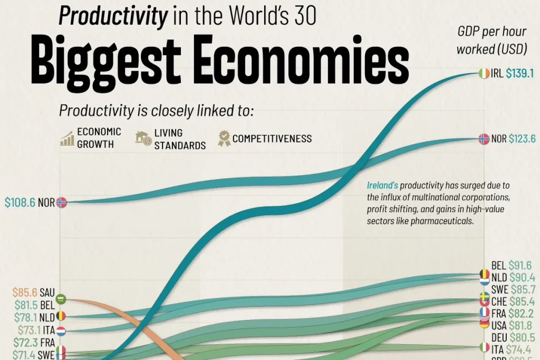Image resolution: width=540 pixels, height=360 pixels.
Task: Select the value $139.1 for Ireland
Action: [520, 74]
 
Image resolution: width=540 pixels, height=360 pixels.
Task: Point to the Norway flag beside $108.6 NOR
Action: [62, 202]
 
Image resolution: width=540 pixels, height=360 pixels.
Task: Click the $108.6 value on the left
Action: [20, 202]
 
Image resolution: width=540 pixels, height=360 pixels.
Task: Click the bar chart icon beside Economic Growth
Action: [67, 139]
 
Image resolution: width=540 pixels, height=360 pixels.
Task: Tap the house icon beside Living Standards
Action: [143, 139]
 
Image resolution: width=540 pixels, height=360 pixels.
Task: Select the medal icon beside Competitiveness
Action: [224, 139]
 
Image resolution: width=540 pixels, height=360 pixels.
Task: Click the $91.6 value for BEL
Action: [520, 266]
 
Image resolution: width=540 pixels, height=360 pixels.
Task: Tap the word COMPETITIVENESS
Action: [272, 139]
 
